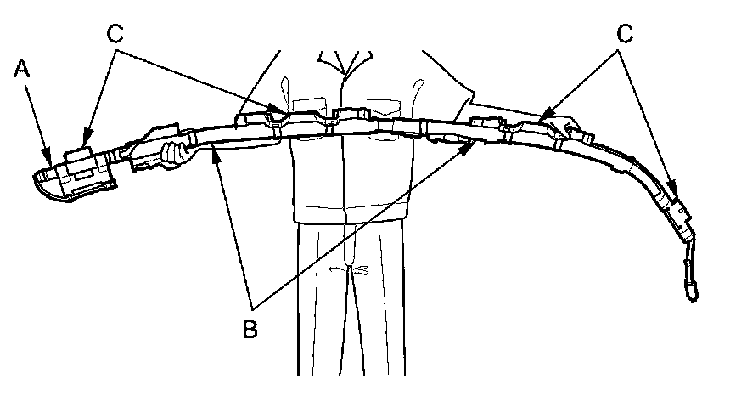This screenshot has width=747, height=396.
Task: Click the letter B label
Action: pos(250,328)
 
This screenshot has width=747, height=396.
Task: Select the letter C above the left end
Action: pos(116,35)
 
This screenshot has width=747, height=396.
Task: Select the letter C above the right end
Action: pos(626,35)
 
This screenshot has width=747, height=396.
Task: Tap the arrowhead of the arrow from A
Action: pos(49,159)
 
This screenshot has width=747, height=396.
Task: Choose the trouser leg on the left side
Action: pos(323,306)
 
